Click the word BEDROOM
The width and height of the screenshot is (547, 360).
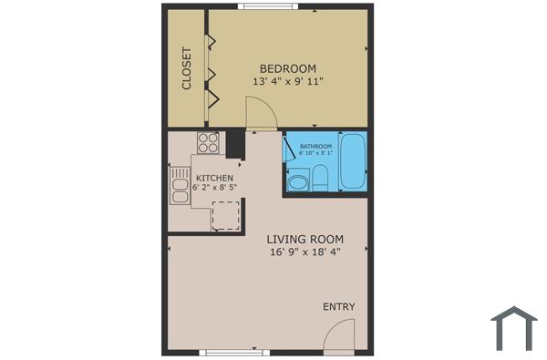(288, 68)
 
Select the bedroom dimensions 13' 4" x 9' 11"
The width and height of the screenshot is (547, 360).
(288, 82)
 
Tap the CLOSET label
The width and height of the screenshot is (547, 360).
(187, 68)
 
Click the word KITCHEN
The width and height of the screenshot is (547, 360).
(214, 179)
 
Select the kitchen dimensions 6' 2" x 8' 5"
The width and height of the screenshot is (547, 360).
(214, 188)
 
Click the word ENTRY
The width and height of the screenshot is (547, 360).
(339, 307)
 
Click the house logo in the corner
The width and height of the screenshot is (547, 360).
(513, 329)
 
